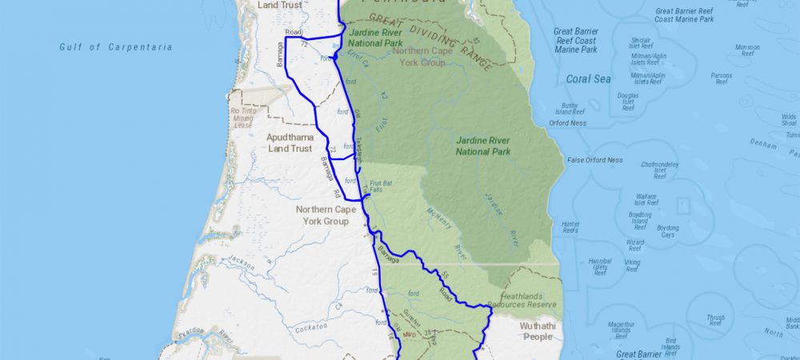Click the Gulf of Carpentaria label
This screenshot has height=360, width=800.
[x=116, y=47]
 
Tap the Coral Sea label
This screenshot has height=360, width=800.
[x=588, y=79]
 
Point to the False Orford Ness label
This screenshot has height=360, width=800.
[x=594, y=160]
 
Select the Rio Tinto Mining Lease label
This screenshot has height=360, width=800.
[x=242, y=118]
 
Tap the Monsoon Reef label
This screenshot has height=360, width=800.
[x=747, y=50]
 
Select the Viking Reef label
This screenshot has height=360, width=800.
[x=633, y=265]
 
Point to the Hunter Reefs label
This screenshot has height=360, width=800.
[x=570, y=227]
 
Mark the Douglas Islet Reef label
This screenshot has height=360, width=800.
[x=628, y=101]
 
